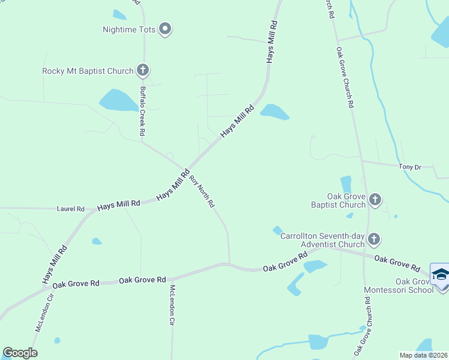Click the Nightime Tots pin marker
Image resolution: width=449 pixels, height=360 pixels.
pyautogui.click(x=165, y=29)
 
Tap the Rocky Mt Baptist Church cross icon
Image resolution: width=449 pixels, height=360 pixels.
pyautogui.click(x=143, y=70)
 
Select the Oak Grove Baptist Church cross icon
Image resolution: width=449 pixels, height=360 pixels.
pyautogui.click(x=375, y=199)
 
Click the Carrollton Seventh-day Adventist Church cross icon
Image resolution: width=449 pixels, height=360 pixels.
pyautogui.click(x=373, y=239)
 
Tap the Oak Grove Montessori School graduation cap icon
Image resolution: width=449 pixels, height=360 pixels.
pyautogui.click(x=441, y=274)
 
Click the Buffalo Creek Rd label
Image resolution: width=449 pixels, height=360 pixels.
pyautogui.click(x=143, y=111)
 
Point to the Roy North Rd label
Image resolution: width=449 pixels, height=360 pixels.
pyautogui.click(x=202, y=191)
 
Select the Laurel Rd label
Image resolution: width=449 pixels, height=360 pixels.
pyautogui.click(x=71, y=209)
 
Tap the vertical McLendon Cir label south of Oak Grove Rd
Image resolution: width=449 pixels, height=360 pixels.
pyautogui.click(x=172, y=305)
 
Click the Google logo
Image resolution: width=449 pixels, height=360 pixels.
pyautogui.click(x=20, y=353)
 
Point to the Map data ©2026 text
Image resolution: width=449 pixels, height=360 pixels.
pyautogui.click(x=423, y=355)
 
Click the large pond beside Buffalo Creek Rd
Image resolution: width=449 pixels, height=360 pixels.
pyautogui.click(x=118, y=100)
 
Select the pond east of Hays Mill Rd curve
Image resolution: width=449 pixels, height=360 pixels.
pyautogui.click(x=274, y=112)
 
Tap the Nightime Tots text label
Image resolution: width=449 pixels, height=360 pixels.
pyautogui.click(x=129, y=29)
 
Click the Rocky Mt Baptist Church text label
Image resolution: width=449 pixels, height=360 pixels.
pyautogui.click(x=88, y=71)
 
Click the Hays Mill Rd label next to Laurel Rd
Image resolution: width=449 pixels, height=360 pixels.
pyautogui.click(x=118, y=204)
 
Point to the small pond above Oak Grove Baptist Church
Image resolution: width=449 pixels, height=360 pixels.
pyautogui.click(x=346, y=184)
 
